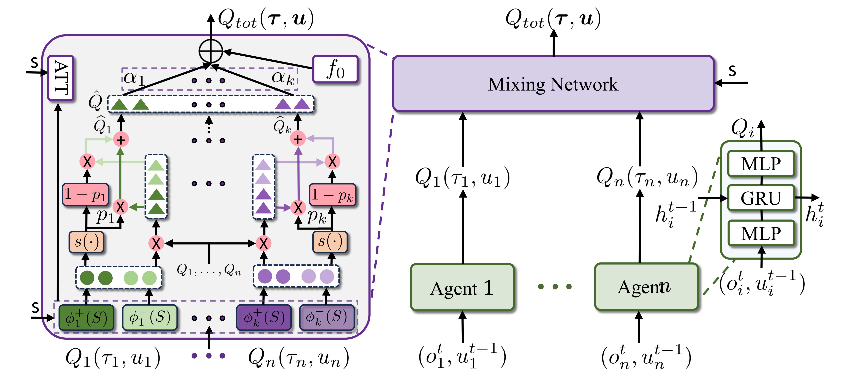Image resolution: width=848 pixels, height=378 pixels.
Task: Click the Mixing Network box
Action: [553, 84]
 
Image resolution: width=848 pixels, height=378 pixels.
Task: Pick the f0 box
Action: [335, 69]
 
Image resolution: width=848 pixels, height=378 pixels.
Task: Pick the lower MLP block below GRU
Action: [761, 234]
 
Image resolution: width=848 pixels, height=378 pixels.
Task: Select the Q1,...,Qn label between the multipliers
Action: [209, 270]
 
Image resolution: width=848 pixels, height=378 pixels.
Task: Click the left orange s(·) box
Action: [86, 242]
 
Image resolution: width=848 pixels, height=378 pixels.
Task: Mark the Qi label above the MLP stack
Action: [742, 129]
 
